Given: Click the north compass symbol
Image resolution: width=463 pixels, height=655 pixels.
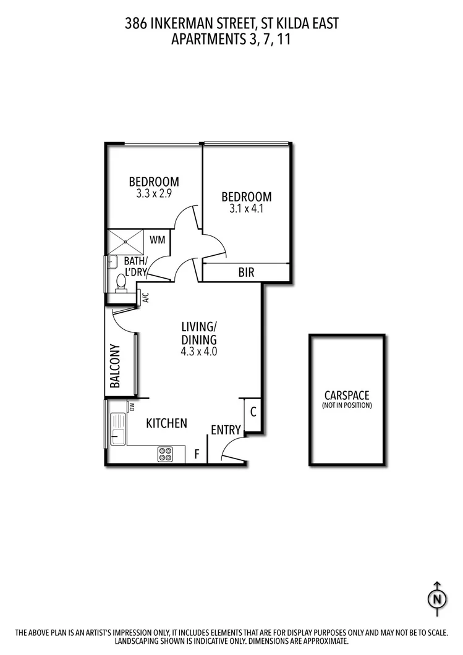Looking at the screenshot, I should pos(437,598).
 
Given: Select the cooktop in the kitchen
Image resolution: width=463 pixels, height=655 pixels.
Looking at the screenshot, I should pos(166,454).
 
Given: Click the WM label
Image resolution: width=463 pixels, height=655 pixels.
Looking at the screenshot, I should pos(158,239).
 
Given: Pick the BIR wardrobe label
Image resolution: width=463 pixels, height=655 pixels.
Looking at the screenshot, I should pos(246,272).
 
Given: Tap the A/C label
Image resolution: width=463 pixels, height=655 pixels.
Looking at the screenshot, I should pos(146,298).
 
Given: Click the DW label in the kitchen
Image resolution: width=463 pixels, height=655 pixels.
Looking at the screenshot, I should pos(131,407).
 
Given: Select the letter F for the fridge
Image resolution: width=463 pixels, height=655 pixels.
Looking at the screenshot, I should pos(197,455).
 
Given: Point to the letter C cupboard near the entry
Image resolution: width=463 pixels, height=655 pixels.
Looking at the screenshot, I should pos(253,411).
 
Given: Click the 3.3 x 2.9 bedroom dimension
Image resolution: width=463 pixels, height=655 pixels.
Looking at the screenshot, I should pos(154,193).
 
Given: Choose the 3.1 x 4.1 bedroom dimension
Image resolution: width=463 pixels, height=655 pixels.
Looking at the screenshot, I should pos(246,209).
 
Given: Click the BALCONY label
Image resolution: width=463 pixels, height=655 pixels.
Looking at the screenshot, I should pos(115,366).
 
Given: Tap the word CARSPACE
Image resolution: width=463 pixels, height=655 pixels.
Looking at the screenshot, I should pos(347,395).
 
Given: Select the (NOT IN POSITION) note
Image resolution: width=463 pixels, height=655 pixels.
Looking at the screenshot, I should pos(347,405).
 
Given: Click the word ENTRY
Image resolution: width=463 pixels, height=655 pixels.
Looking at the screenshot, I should pos(226,430).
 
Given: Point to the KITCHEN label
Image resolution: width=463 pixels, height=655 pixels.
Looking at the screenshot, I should pos(166,423).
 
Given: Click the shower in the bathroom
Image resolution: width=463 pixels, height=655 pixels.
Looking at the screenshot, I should pos(124,238).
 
